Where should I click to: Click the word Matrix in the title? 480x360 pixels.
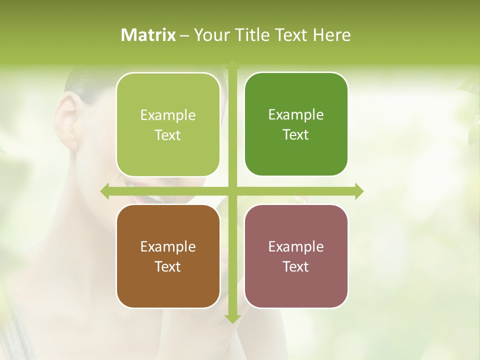(x=148, y=35)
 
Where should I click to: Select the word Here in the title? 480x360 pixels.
(x=331, y=35)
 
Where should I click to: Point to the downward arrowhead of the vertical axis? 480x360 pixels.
(x=232, y=319)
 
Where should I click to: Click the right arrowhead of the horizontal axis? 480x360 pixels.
(x=359, y=191)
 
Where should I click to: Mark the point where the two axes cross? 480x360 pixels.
(x=232, y=191)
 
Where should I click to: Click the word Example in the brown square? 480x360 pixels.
(x=168, y=246)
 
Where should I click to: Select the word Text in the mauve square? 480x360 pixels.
(x=296, y=266)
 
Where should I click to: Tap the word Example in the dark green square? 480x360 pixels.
(x=296, y=114)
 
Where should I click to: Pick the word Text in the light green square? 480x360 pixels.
(x=168, y=135)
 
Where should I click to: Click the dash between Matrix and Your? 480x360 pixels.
(x=184, y=35)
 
